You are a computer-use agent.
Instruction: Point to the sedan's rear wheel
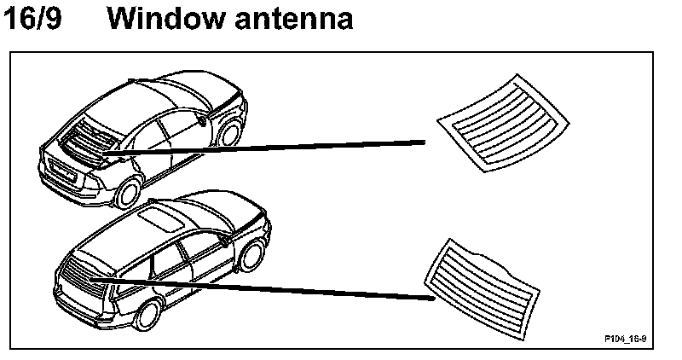tap(127, 191)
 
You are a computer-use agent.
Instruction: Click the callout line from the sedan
tap(281, 148)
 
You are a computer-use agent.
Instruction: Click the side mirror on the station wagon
tap(224, 241)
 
